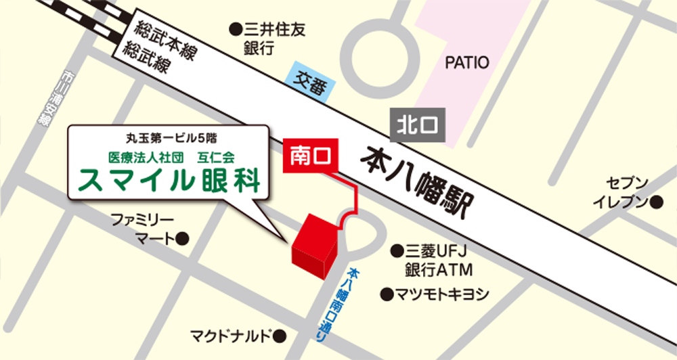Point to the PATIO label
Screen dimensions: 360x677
coord(466,63)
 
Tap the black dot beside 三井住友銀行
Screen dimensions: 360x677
coord(236,29)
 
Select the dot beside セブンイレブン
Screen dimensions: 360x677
coord(656,202)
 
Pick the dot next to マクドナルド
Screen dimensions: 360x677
coord(280,335)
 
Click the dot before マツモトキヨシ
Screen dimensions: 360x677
coord(386,294)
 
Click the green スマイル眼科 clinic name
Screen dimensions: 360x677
coord(170,180)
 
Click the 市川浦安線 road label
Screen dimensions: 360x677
coord(47,98)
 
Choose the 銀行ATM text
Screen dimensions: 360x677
coord(438,270)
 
